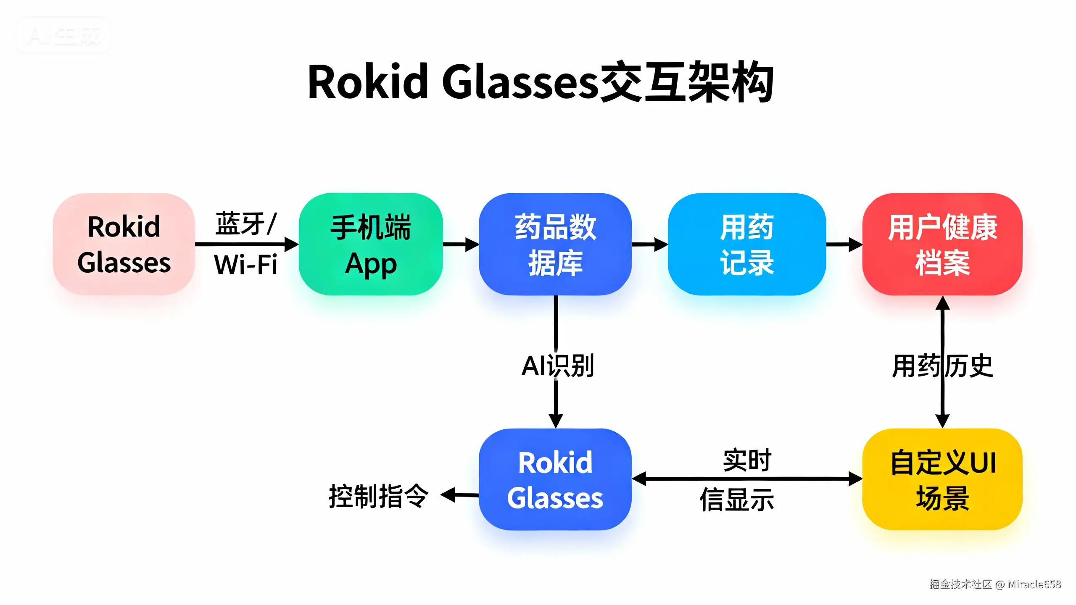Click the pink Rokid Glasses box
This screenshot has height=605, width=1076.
(x=124, y=244)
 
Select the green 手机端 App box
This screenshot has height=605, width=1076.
(x=371, y=244)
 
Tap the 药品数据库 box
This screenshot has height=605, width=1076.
(x=555, y=244)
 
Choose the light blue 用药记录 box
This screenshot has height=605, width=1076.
(x=747, y=244)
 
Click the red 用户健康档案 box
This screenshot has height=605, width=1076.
(x=942, y=244)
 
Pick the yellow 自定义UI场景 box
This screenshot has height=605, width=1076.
(x=942, y=479)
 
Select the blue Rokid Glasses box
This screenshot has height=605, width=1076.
(x=555, y=479)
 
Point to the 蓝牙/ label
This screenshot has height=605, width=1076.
(x=246, y=224)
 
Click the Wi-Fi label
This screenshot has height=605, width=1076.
(x=246, y=265)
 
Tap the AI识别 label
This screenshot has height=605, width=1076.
(x=557, y=366)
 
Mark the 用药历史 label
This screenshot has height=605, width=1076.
(x=942, y=366)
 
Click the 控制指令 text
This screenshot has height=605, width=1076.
(x=378, y=496)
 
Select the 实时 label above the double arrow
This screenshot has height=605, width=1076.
(x=747, y=460)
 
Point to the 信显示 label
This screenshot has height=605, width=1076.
(x=737, y=500)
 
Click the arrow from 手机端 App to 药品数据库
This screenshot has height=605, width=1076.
(x=461, y=244)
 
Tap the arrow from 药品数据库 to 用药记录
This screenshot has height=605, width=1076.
(x=650, y=244)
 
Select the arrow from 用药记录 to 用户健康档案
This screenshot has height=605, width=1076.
(x=844, y=244)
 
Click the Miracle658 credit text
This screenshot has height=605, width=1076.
(x=1034, y=584)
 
